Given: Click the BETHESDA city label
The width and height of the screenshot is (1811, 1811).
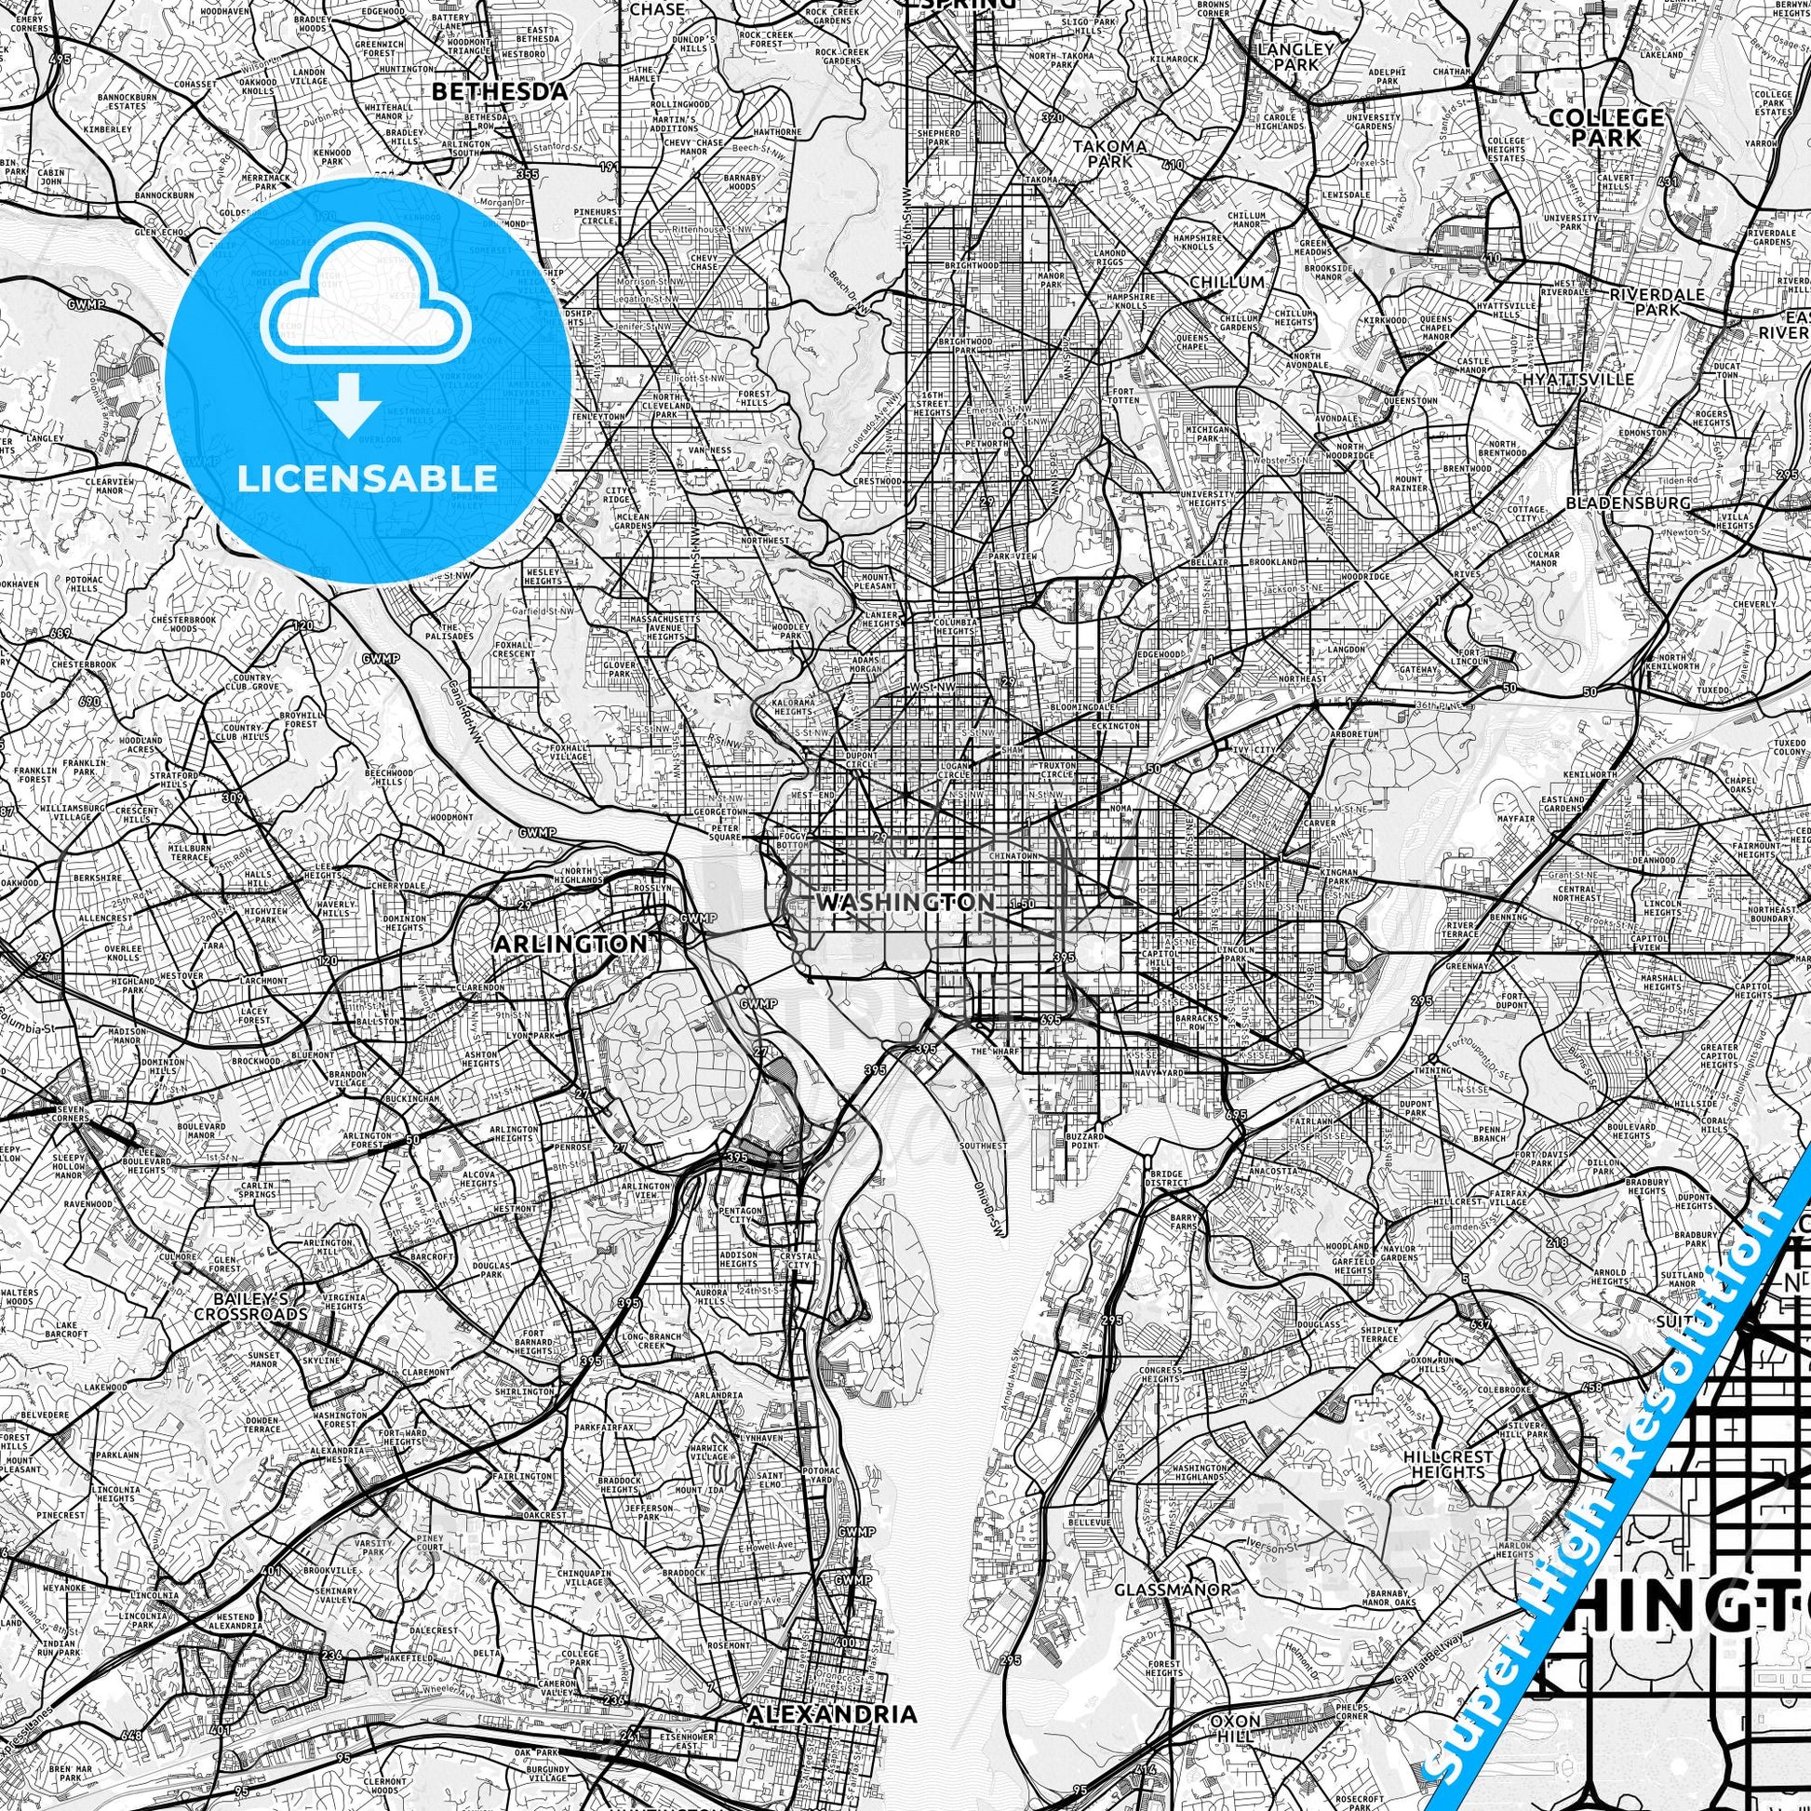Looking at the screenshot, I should (x=500, y=92).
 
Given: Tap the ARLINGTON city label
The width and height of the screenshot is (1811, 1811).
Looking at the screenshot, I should (x=569, y=943).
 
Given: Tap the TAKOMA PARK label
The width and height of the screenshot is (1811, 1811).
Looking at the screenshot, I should (x=1110, y=153).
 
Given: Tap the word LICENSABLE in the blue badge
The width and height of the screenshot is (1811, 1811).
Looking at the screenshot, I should (x=368, y=478).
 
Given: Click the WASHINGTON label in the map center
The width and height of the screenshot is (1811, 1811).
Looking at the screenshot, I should (x=905, y=903).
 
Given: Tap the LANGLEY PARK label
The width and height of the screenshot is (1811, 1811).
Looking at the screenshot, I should (x=1296, y=55).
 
